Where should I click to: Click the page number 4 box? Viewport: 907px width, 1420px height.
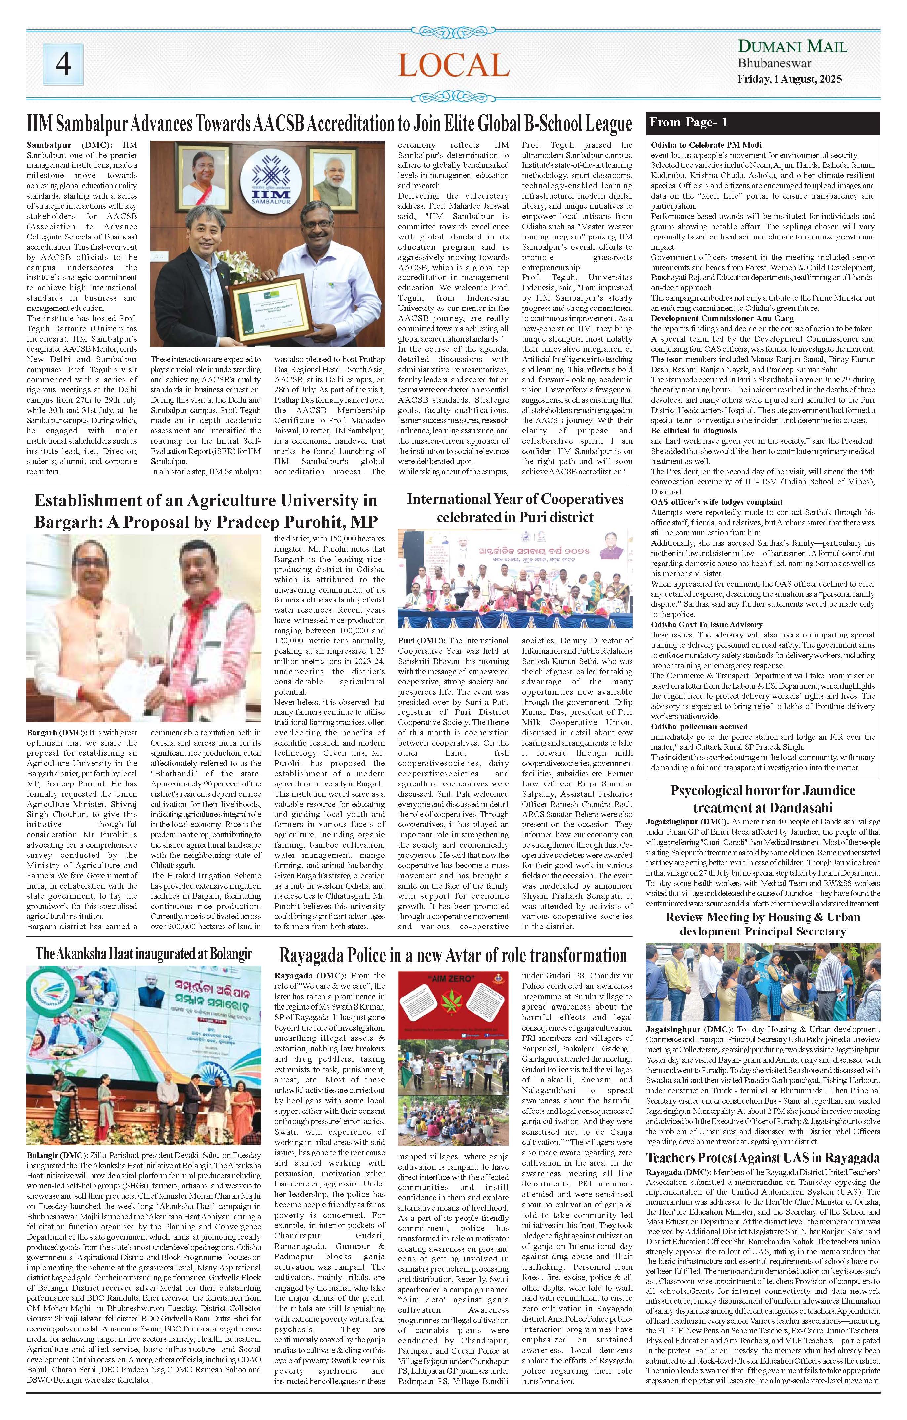63,64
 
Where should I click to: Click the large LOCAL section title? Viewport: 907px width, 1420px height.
453,64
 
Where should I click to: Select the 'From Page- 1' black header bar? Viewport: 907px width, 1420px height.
763,123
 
